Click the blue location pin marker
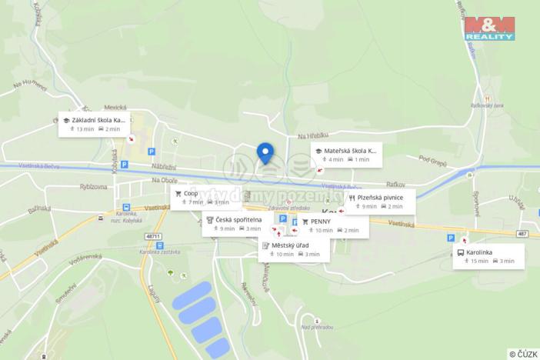click(265, 153)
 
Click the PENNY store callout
click(329, 225)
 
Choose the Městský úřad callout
click(293, 249)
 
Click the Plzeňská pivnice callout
click(381, 202)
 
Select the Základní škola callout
click(95, 124)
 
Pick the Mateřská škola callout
click(346, 155)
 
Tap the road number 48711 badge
click(154, 236)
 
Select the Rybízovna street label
click(92, 186)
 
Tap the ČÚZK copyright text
click(522, 354)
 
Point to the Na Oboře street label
click(164, 180)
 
